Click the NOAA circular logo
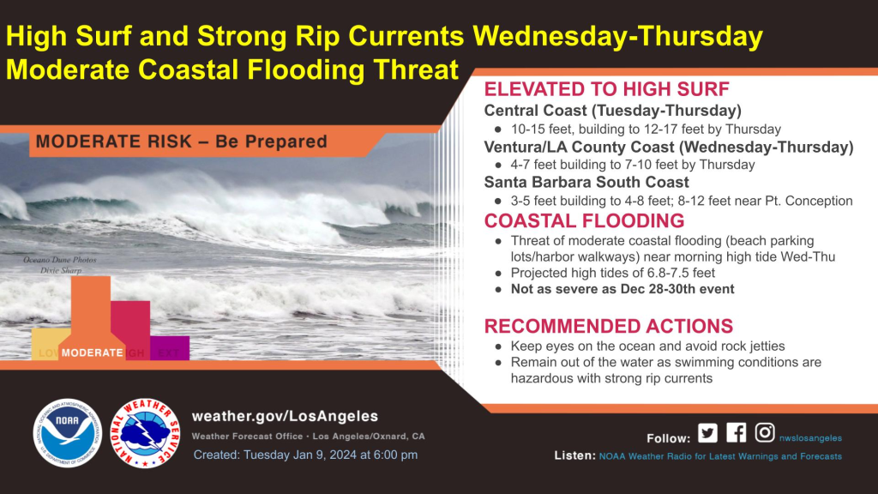tap(68, 433)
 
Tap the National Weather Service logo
tap(145, 433)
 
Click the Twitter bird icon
tap(707, 433)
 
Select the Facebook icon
tap(737, 433)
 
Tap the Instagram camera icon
tap(765, 432)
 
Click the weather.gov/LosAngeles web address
tap(285, 416)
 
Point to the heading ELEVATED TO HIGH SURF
tap(606, 89)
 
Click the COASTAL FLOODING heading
tap(584, 220)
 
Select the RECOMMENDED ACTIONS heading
tap(609, 326)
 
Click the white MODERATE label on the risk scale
tap(92, 352)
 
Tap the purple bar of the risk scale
tap(170, 348)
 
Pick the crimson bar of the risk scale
tap(130, 330)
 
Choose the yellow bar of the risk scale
tap(51, 344)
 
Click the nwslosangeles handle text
tap(810, 438)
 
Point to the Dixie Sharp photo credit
tap(61, 270)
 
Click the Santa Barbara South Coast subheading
tap(586, 182)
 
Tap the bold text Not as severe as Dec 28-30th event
tap(622, 289)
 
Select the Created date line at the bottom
tap(305, 455)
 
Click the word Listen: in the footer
tap(575, 455)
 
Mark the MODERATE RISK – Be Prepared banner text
tap(182, 142)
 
